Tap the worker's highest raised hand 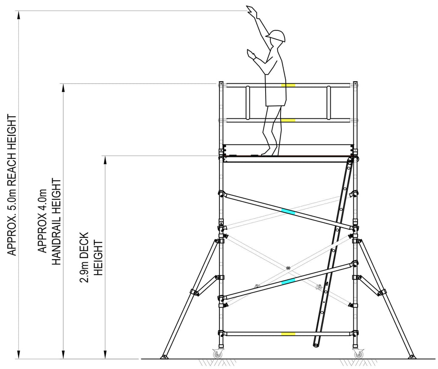[252, 10]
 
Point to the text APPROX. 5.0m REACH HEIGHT [12, 184]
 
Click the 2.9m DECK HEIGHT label [91, 257]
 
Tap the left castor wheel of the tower [218, 354]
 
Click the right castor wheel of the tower [358, 354]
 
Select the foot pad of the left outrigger [163, 357]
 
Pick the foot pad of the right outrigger [411, 356]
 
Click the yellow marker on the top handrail [288, 85]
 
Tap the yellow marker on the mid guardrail [288, 120]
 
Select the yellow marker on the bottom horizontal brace [288, 334]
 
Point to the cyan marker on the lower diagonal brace [289, 281]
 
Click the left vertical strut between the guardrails [247, 103]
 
